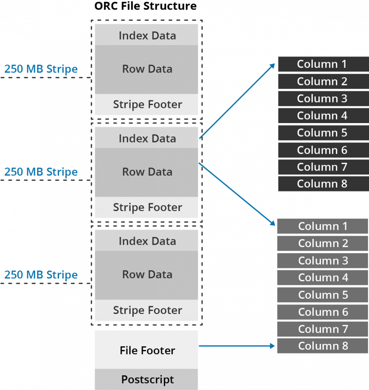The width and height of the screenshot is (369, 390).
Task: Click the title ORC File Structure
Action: (x=145, y=6)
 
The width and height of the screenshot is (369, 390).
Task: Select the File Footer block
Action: (x=146, y=349)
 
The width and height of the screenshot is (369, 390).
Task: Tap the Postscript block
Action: (x=146, y=379)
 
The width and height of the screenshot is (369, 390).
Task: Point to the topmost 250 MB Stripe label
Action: (x=41, y=69)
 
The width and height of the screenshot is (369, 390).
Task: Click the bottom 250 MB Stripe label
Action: (x=41, y=275)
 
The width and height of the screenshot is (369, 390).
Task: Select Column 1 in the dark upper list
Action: (x=323, y=64)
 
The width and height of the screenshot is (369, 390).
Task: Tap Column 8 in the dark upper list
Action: (x=323, y=184)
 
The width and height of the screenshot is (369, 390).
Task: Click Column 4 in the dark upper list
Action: (x=323, y=115)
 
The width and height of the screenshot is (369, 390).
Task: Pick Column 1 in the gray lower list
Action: (x=323, y=226)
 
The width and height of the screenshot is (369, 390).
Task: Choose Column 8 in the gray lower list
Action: (x=323, y=346)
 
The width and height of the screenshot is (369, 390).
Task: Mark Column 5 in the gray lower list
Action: (x=323, y=295)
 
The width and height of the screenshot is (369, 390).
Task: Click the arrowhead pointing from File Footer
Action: (x=273, y=346)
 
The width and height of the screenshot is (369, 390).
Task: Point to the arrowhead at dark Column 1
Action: (x=273, y=65)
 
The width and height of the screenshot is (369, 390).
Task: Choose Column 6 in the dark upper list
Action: (x=323, y=150)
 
